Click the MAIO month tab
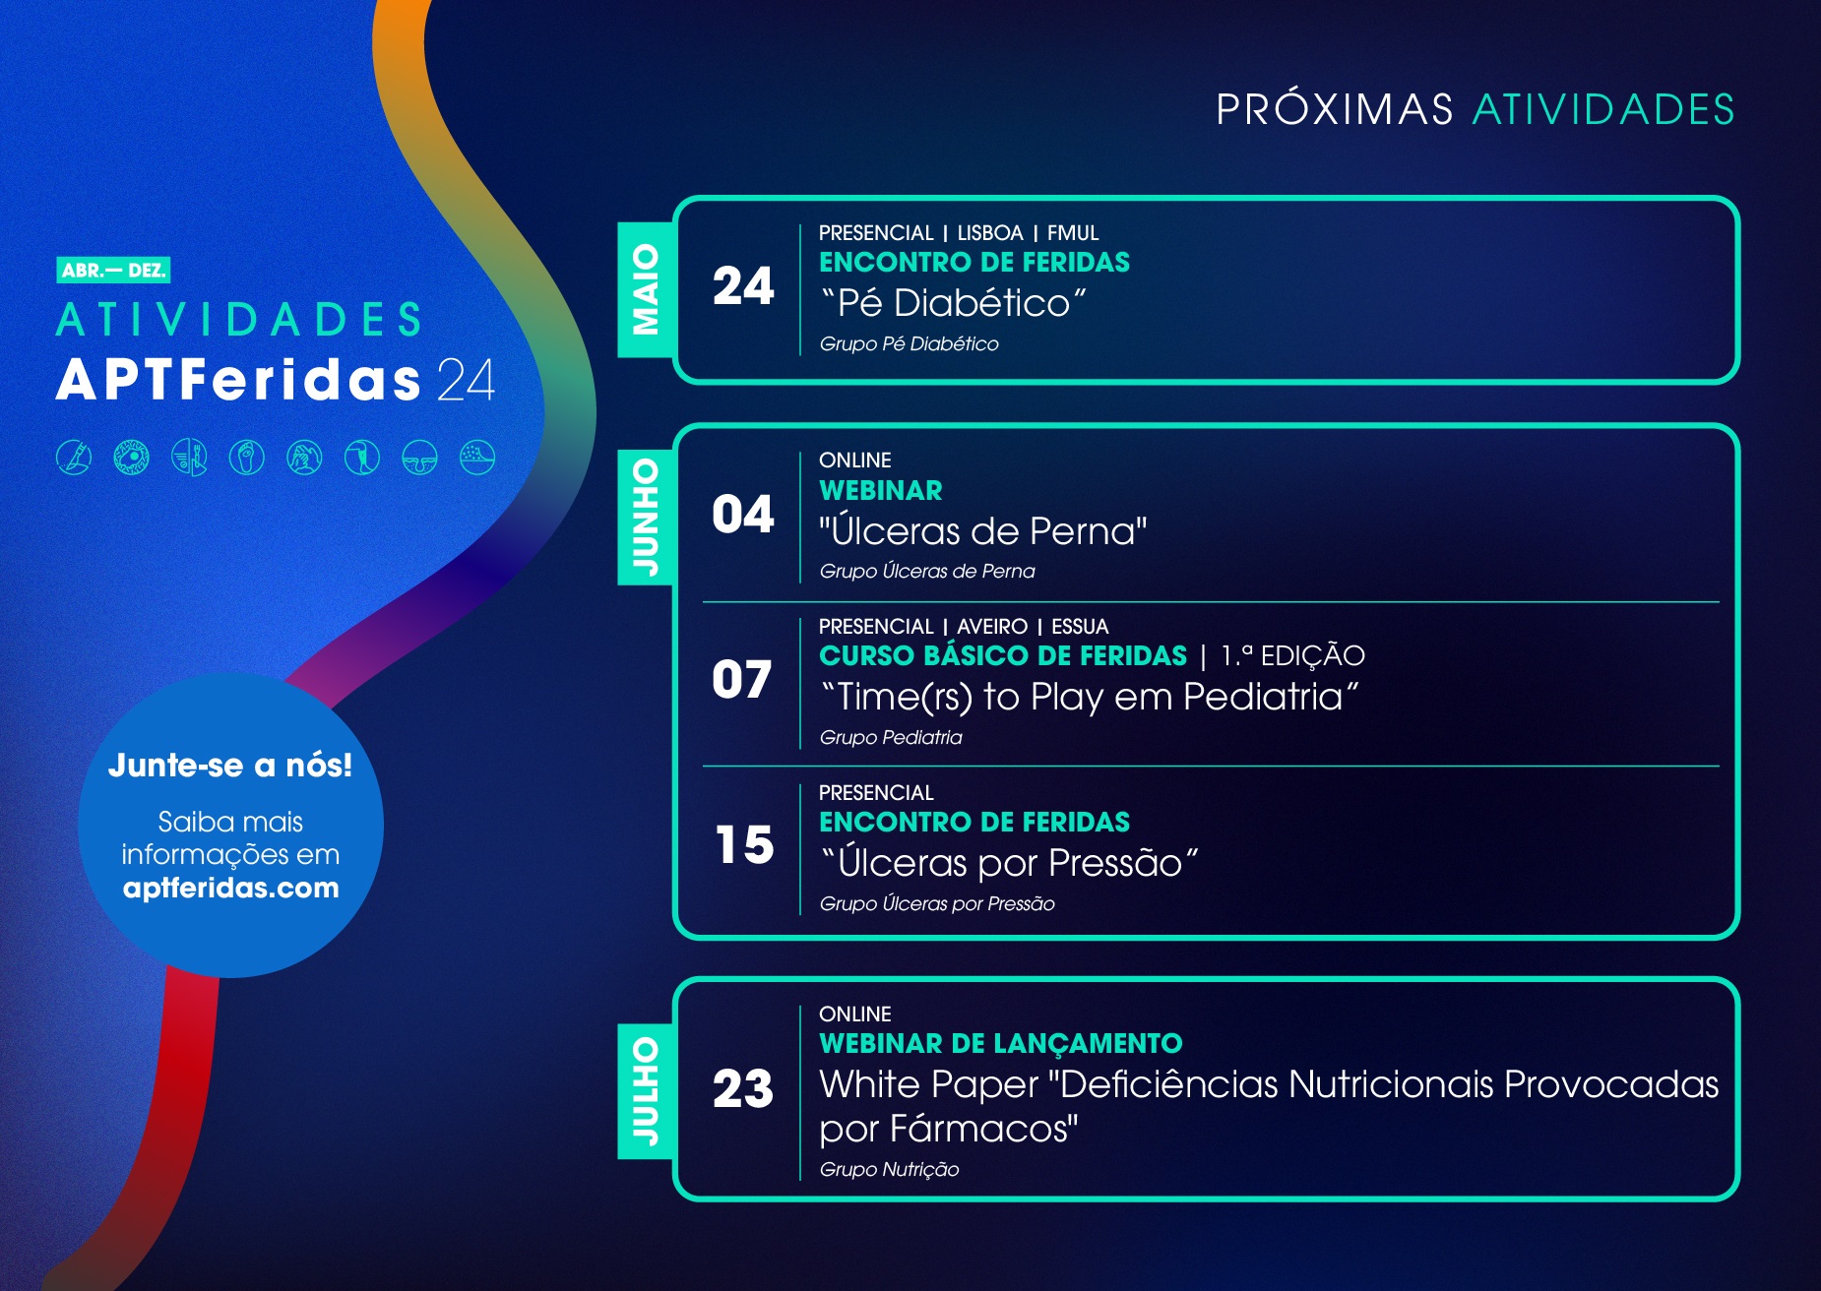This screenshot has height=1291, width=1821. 646,289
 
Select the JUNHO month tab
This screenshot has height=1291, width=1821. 646,517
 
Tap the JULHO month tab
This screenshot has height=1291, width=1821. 646,1091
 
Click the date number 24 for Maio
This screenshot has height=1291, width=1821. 743,286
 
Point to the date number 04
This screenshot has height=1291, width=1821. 743,515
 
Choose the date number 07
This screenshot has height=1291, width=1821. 742,680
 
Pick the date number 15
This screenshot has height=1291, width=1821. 744,845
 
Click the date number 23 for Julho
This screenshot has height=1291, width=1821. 743,1089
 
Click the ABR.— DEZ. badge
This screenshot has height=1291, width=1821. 113,270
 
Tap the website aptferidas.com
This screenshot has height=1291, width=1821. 230,888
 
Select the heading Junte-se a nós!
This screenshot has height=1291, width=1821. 230,765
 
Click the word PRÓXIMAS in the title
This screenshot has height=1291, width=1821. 1335,108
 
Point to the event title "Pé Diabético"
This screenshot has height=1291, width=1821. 954,303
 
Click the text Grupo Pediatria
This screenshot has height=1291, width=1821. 891,737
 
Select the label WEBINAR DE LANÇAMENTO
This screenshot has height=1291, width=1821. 1001,1043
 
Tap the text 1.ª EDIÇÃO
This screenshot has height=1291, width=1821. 1292,655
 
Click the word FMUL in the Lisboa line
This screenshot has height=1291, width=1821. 1073,233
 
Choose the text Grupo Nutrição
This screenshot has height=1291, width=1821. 889,1169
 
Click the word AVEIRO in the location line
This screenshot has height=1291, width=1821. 992,627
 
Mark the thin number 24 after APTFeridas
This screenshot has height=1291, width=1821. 466,380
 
